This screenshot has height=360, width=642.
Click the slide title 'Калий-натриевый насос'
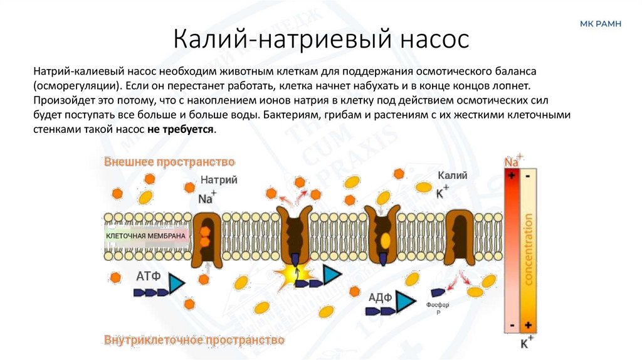click(x=320, y=39)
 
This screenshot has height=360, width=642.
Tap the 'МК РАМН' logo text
click(x=601, y=24)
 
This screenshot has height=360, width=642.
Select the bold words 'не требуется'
click(x=181, y=129)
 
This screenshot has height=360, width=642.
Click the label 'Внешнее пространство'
click(x=169, y=162)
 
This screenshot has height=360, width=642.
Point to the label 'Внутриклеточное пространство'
click(x=194, y=340)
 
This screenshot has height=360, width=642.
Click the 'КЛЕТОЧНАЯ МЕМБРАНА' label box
click(x=146, y=236)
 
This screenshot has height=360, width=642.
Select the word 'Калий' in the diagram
click(x=452, y=176)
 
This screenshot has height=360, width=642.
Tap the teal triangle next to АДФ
click(x=406, y=302)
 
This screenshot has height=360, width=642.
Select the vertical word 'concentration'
click(x=528, y=249)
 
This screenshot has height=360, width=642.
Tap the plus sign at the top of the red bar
click(x=512, y=176)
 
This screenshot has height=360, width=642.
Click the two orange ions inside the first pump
click(x=205, y=235)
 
